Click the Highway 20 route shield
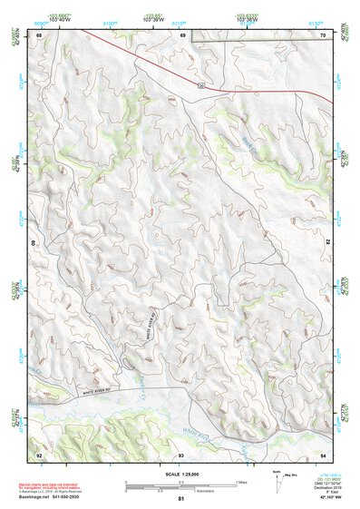click(x=199, y=85)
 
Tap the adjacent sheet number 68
click(x=39, y=35)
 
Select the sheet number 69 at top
click(x=182, y=35)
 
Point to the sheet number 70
click(x=322, y=35)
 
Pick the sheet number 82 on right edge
click(x=326, y=243)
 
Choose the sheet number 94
click(x=322, y=453)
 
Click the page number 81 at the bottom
click(x=181, y=499)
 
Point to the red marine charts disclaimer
click(x=64, y=485)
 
